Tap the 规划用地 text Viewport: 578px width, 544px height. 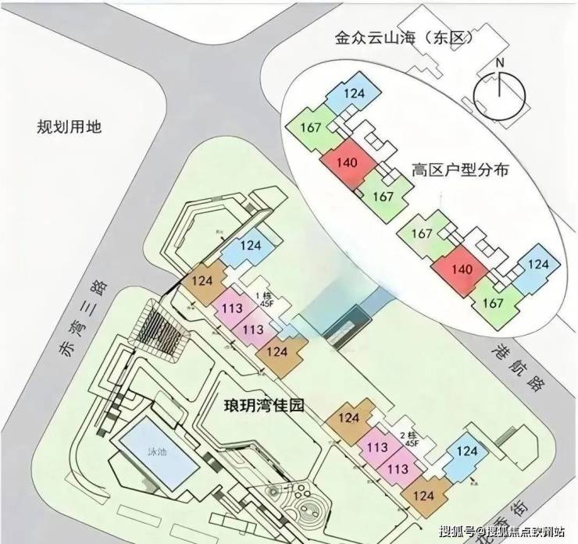point(70,126)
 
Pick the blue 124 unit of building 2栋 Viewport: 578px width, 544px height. point(466,451)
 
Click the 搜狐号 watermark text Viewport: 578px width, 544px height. point(454,531)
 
